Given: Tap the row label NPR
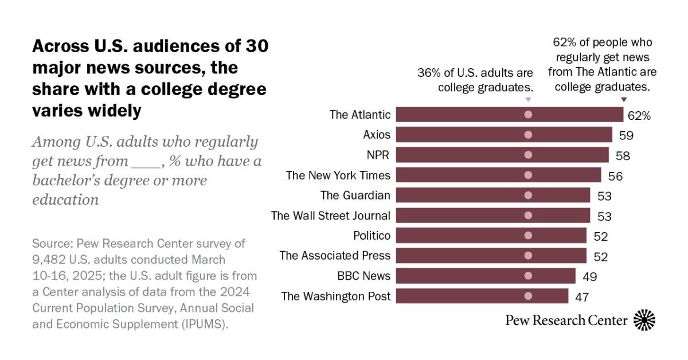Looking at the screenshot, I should (x=378, y=155).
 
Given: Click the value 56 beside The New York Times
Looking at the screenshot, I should (x=615, y=175).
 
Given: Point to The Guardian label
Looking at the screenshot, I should (x=355, y=195).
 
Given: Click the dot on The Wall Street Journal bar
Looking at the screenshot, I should (x=528, y=216).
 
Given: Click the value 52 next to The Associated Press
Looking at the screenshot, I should (x=600, y=256).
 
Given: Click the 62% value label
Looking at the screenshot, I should (x=639, y=115).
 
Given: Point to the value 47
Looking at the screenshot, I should (x=581, y=296).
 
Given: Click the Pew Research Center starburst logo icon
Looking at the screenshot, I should (x=644, y=320).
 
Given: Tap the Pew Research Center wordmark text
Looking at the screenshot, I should (x=566, y=320).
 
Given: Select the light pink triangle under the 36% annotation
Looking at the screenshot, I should (x=528, y=100).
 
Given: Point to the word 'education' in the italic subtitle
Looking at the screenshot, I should (x=65, y=200).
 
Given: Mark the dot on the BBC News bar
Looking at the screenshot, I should (x=528, y=276).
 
